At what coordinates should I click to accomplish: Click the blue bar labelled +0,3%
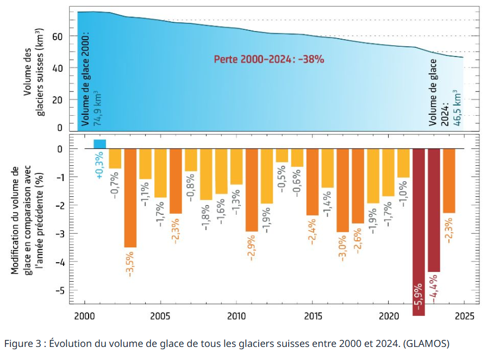99,144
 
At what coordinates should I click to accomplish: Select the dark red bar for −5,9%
419,228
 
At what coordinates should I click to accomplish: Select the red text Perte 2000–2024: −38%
269,59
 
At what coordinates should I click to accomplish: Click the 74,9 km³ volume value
98,108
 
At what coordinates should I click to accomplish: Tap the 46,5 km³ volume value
458,109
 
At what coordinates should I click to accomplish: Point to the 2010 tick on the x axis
236,316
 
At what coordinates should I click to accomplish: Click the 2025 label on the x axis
464,316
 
